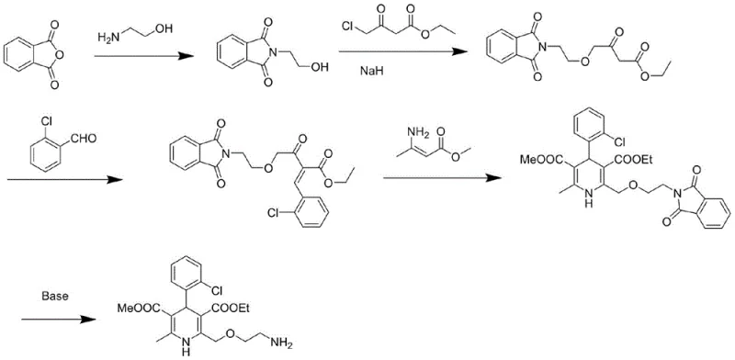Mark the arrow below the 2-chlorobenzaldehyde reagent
point(64,180)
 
